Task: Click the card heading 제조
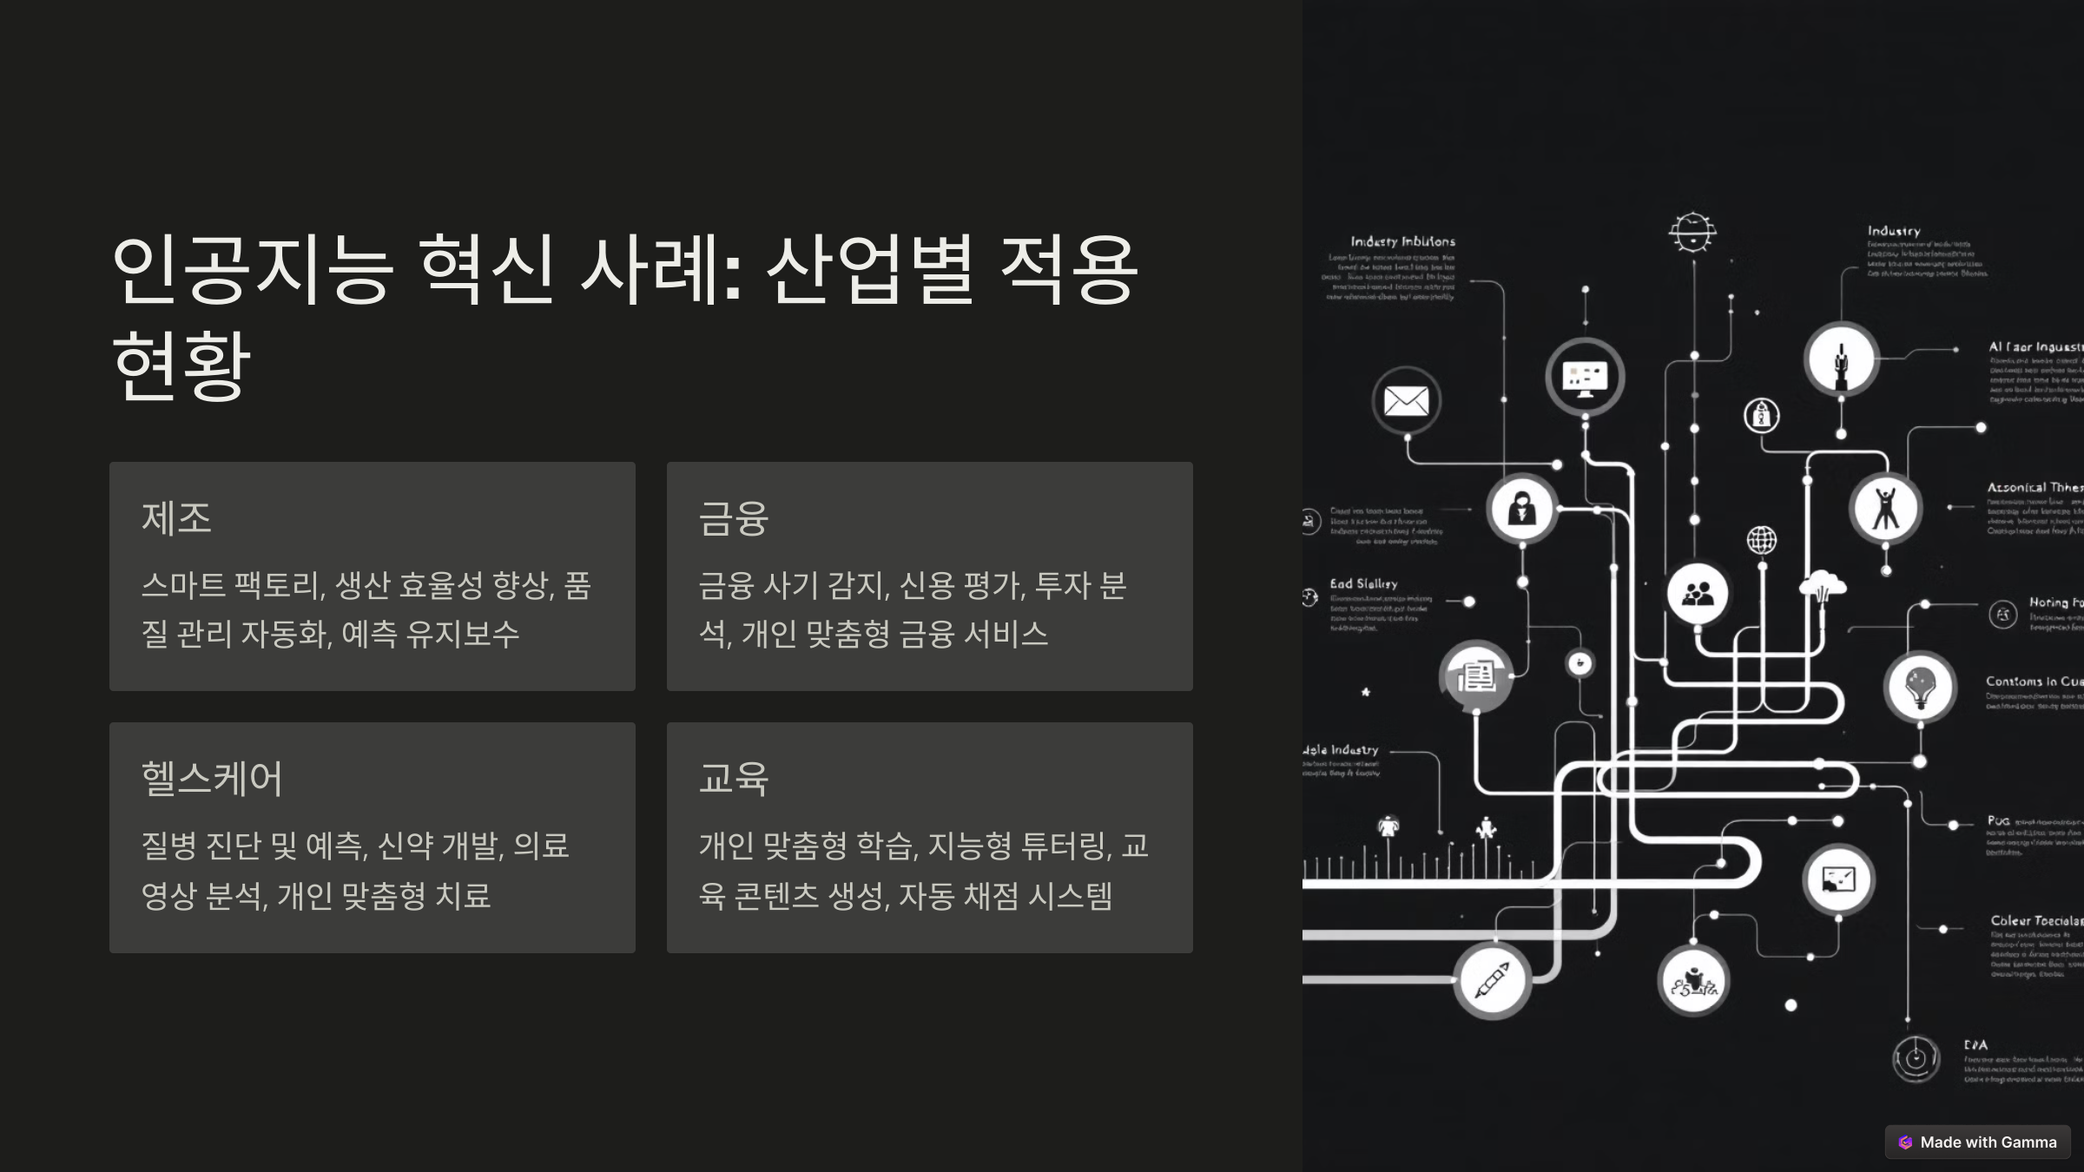[176, 518]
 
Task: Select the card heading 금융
[734, 518]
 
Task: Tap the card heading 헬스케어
[212, 778]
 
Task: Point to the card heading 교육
[734, 778]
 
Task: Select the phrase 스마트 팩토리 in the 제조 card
[231, 585]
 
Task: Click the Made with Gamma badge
[1978, 1142]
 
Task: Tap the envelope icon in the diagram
[1407, 401]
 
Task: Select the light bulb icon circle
[1920, 687]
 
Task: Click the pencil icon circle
[1492, 980]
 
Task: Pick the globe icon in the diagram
[1762, 540]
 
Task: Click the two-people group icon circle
[1698, 594]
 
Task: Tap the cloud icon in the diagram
[1823, 586]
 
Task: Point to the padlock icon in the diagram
[1762, 416]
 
